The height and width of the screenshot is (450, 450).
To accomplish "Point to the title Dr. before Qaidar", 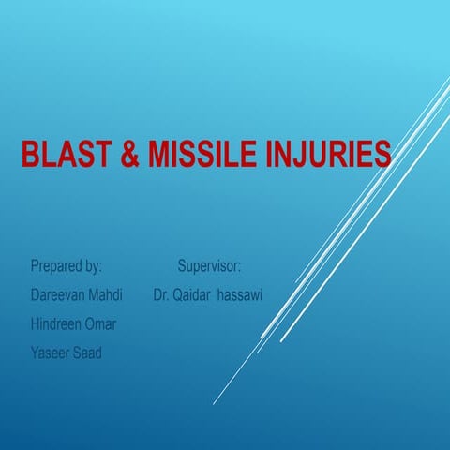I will coord(162,295).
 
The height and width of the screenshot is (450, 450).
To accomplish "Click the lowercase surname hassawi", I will coord(241,295).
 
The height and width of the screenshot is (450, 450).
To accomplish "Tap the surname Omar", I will coord(105,324).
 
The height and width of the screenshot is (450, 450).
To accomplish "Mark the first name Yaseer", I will coord(51,352).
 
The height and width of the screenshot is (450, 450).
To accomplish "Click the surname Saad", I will coord(90,352).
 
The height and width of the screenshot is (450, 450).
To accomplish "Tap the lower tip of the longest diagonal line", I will coord(214,404).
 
